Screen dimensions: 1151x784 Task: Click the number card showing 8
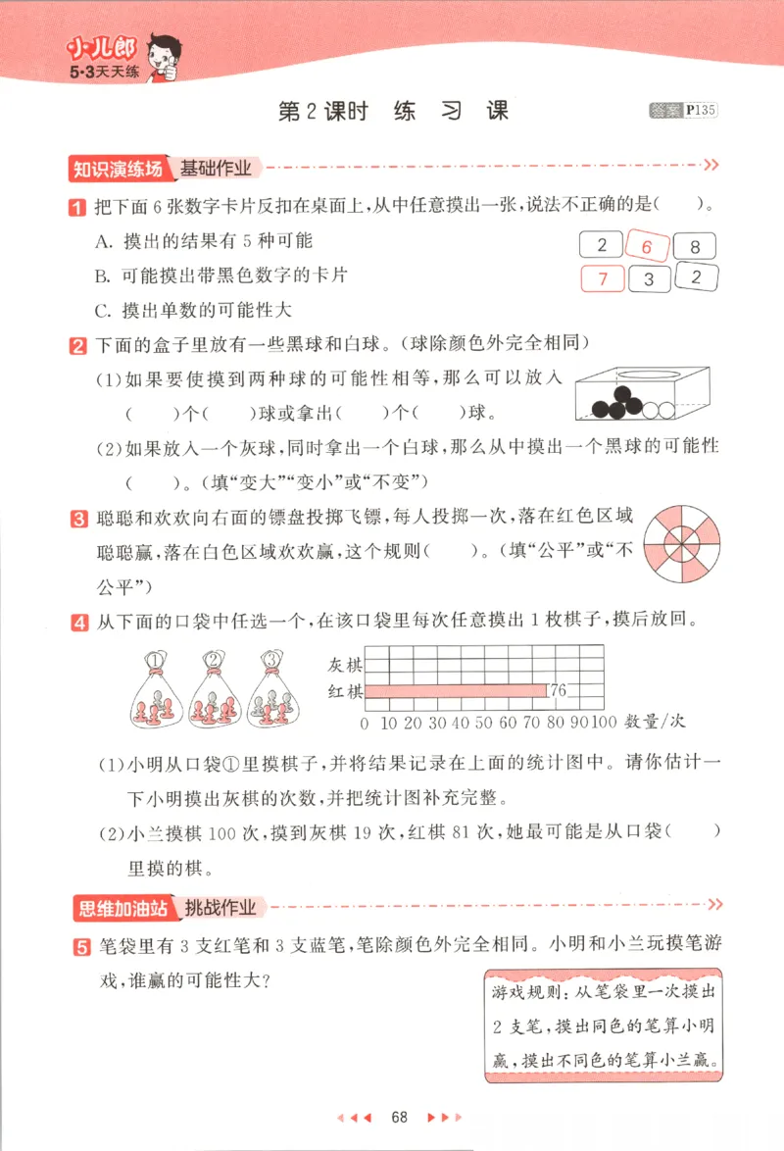point(695,247)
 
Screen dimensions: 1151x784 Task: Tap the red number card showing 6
point(647,247)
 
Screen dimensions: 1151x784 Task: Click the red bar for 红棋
point(457,691)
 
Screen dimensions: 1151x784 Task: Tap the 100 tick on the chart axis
point(605,724)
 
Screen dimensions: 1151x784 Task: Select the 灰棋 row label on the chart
point(346,665)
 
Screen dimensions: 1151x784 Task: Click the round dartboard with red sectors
point(682,540)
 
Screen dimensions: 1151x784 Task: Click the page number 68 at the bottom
point(399,1118)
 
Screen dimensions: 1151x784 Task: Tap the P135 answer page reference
point(701,111)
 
